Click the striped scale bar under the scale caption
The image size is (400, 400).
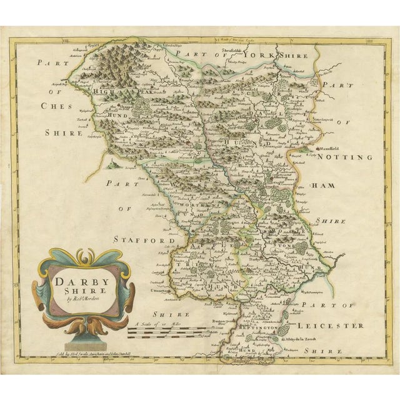[166, 332]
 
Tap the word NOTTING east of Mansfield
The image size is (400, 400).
[347, 157]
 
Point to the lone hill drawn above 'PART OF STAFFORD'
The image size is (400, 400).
[112, 164]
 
